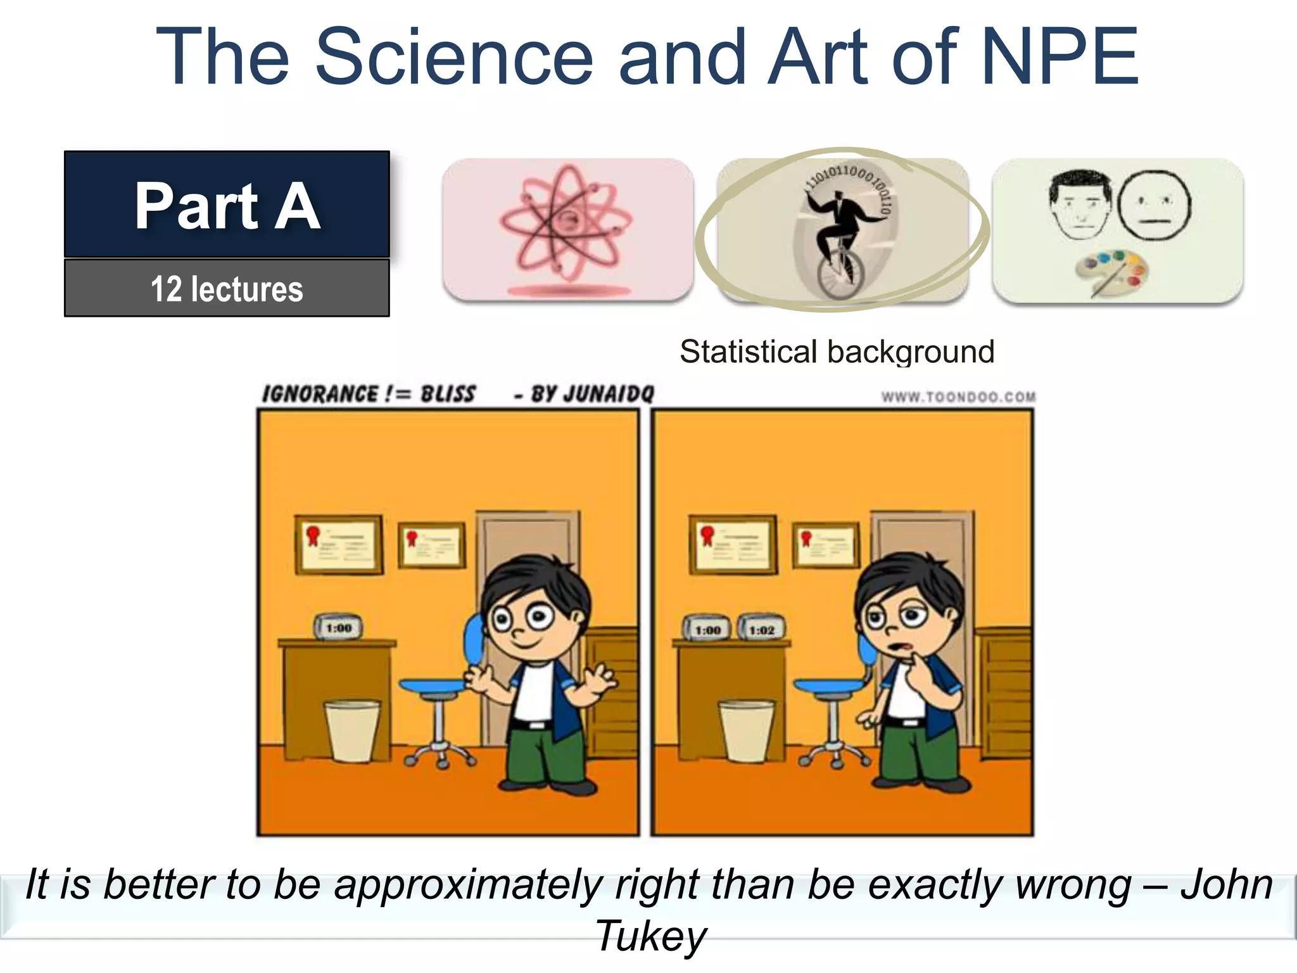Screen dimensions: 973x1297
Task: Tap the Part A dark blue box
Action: pos(227,204)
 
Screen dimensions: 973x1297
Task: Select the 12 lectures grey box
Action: pos(227,288)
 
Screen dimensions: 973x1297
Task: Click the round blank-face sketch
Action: pos(1154,205)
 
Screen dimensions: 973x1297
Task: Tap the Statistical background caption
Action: pos(837,352)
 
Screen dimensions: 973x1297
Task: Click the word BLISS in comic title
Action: pos(447,394)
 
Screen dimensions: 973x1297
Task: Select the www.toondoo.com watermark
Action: pos(958,397)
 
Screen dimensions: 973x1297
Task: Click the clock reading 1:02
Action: pos(761,628)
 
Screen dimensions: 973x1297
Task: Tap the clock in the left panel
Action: pos(338,627)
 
